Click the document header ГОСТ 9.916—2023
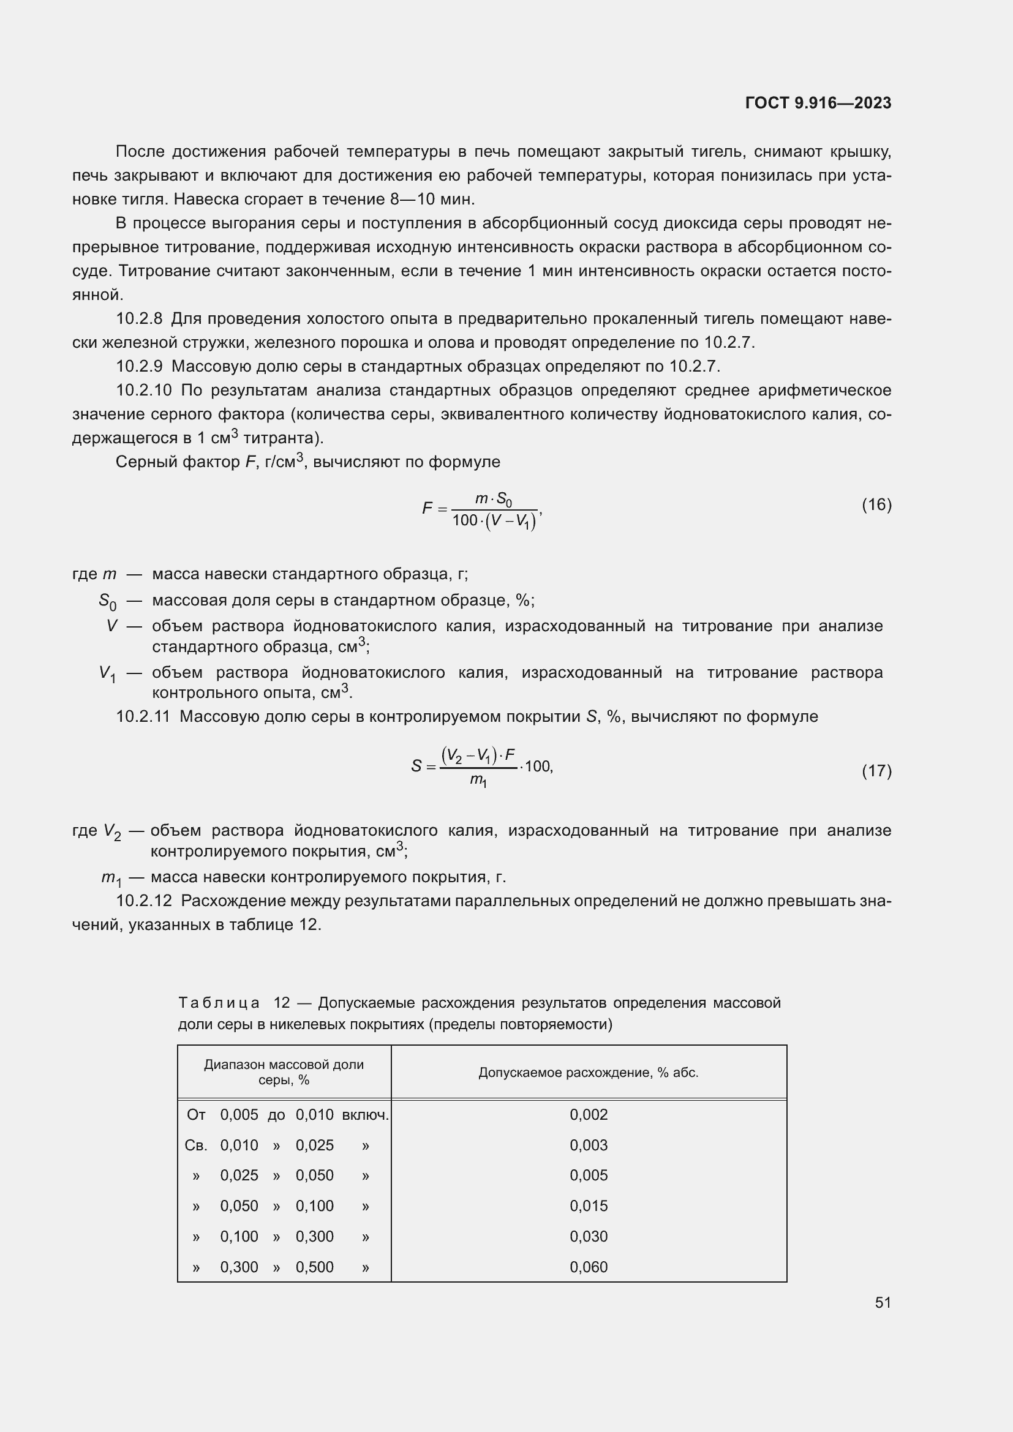pos(818,103)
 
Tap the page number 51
pos(883,1302)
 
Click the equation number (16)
pos(876,504)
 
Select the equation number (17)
pos(876,771)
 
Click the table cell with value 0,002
pos(588,1114)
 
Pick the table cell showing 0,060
pos(588,1267)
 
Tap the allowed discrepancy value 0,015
pos(588,1205)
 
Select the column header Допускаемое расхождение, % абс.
pos(588,1073)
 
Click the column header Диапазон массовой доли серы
pos(284,1072)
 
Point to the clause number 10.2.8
pos(139,319)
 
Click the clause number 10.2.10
pos(143,391)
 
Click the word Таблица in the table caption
pos(218,1003)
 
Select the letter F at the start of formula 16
pos(427,508)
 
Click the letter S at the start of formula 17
pos(416,766)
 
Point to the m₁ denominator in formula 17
pos(478,779)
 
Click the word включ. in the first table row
pos(366,1114)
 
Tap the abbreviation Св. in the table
pos(196,1145)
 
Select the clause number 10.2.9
pos(139,366)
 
